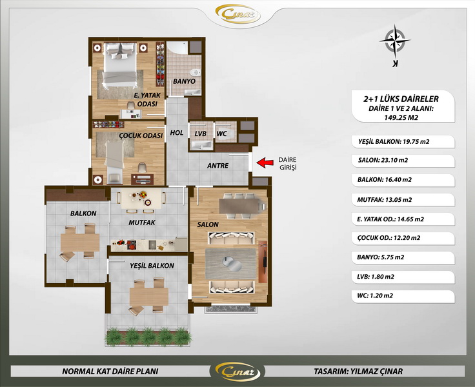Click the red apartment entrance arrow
point(265,163)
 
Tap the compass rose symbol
point(395,41)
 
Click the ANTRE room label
point(217,166)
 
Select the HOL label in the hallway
point(177,133)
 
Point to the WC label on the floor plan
point(222,134)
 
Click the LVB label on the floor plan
point(201,134)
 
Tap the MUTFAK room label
point(142,223)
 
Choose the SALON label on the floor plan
point(208,224)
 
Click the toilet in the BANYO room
point(196,72)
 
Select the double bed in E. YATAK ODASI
point(119,64)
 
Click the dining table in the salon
point(239,206)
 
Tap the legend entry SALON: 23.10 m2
point(383,160)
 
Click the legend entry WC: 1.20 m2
point(375,295)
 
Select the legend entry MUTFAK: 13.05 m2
point(385,199)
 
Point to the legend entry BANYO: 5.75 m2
point(381,257)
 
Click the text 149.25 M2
point(401,117)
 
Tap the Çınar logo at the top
point(237,14)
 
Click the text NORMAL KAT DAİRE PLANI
point(110,372)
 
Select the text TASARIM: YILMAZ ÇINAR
point(358,372)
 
